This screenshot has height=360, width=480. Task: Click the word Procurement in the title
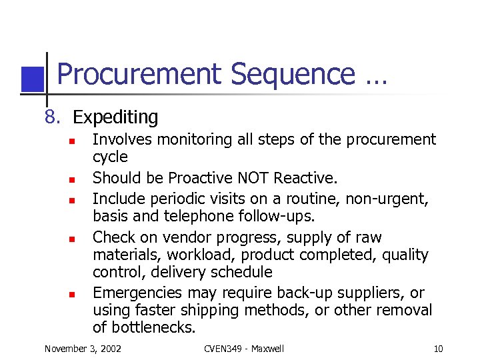pos(138,75)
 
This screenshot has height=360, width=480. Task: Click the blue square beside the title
pos(33,79)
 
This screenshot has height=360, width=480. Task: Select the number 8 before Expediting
pos(51,117)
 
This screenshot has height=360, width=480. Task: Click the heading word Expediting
pos(115,118)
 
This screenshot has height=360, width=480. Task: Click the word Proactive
pos(200,179)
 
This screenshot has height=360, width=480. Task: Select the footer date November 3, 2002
pos(83,349)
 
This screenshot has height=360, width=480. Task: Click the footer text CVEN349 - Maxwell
pos(244,349)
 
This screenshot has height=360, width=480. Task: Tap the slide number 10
pos(438,349)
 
